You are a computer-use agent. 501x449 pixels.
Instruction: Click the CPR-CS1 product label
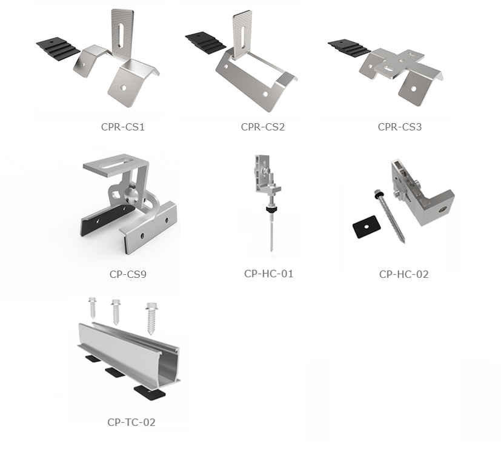click(123, 127)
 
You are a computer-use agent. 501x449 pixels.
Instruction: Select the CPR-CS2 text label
click(262, 127)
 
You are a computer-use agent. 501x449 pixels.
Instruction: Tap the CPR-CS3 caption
click(400, 127)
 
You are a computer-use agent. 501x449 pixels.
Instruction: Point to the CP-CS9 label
click(128, 274)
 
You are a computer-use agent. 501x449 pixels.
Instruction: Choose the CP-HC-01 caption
click(268, 274)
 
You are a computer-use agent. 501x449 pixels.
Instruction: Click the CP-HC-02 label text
click(403, 274)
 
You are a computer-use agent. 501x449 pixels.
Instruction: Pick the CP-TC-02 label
click(131, 422)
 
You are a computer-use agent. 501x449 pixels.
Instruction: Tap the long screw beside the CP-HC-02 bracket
click(388, 217)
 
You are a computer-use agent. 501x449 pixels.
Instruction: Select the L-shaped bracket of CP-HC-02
click(424, 194)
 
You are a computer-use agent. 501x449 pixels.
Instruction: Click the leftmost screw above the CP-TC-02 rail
click(93, 309)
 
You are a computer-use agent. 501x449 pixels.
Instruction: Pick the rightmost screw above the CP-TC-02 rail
click(151, 318)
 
